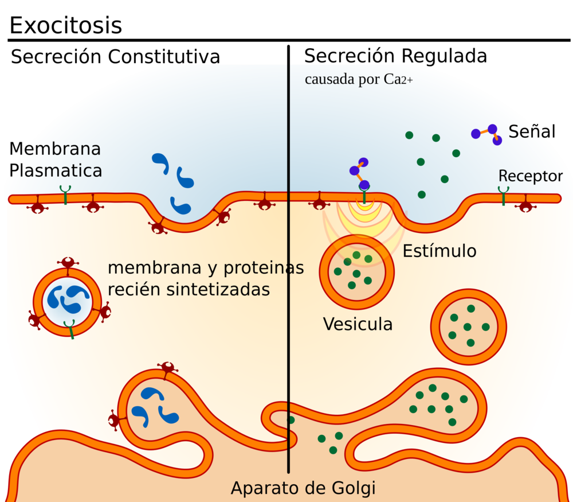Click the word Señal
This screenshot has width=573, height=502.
click(x=532, y=131)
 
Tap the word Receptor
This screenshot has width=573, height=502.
click(x=530, y=176)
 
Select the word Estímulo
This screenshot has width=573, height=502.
click(x=439, y=251)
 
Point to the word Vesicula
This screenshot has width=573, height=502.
click(x=358, y=324)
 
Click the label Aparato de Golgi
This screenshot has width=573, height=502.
click(x=303, y=488)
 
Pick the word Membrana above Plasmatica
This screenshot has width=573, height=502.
click(x=55, y=149)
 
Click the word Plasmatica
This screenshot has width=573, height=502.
click(x=56, y=170)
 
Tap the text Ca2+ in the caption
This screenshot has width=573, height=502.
click(x=398, y=79)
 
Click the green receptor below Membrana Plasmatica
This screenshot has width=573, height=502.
click(x=65, y=194)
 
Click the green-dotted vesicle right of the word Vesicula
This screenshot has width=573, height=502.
click(x=468, y=326)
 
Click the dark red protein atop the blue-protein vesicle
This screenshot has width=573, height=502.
click(x=68, y=262)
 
